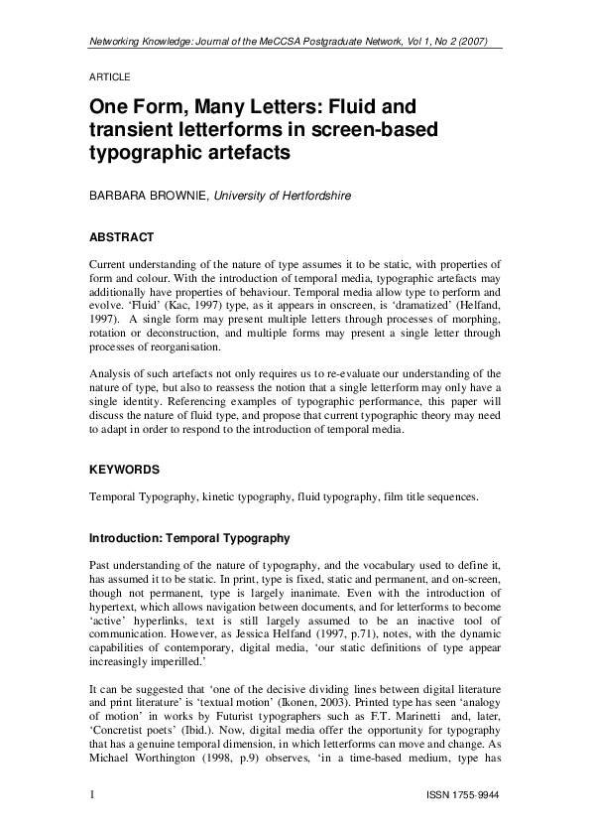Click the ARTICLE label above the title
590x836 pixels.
tap(110, 76)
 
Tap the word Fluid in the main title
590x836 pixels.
tap(361, 105)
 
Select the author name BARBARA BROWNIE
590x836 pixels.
tap(149, 197)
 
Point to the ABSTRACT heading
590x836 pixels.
tap(121, 237)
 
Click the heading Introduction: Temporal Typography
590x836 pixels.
tap(189, 539)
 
